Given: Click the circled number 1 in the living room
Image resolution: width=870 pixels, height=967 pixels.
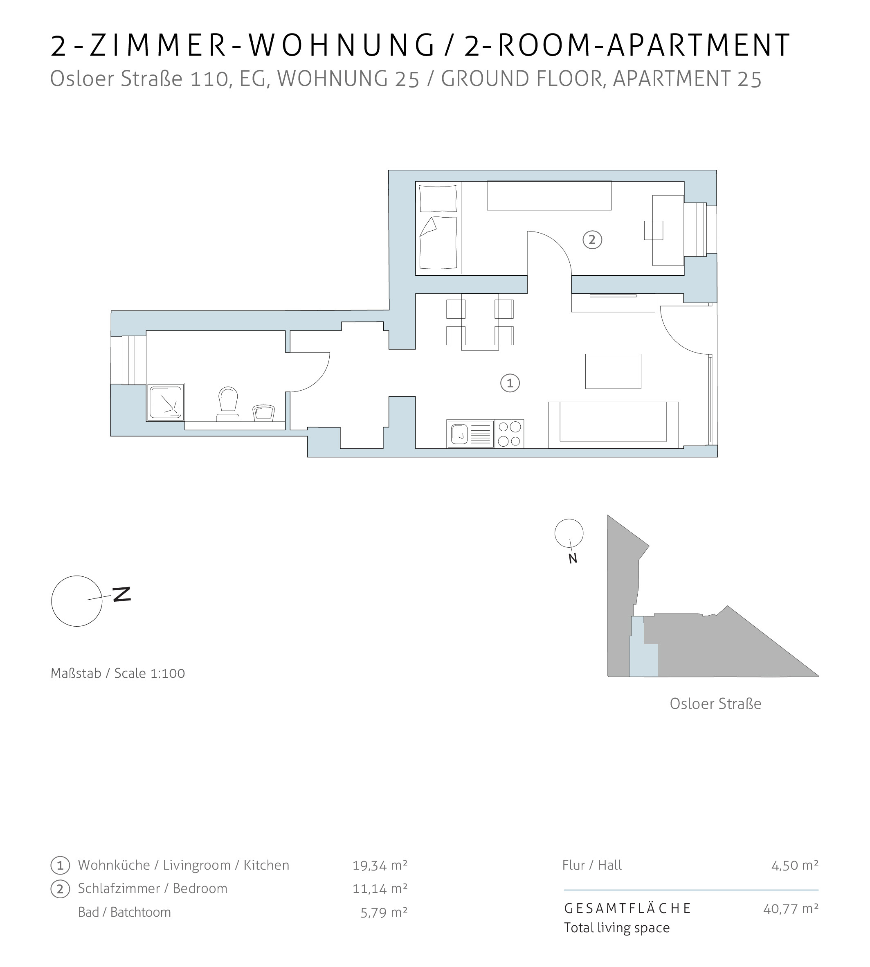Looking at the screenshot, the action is tap(510, 383).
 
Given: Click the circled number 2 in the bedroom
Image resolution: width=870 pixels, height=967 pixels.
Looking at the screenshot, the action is tap(592, 239).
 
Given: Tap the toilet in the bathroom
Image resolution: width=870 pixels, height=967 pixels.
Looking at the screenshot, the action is tap(228, 404).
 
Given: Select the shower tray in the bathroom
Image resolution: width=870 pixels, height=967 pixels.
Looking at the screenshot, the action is tap(165, 402).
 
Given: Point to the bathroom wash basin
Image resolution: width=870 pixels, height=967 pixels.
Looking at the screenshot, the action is tap(263, 413).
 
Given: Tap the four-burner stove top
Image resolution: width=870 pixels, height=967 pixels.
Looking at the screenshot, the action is tap(509, 434).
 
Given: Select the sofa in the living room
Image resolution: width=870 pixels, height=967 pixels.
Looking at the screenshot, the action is tap(613, 425).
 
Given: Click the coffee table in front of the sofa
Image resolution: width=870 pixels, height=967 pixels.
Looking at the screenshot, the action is tap(613, 371).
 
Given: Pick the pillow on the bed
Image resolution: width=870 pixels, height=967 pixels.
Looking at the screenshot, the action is tap(438, 199).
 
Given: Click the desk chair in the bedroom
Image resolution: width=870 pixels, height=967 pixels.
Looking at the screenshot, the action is tap(654, 230).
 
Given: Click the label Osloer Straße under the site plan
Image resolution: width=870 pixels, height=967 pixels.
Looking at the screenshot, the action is tap(715, 704).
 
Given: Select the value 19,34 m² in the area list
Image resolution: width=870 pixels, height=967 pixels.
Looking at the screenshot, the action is tap(380, 865).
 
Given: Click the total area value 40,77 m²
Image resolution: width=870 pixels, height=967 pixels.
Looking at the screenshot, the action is tap(791, 908).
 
